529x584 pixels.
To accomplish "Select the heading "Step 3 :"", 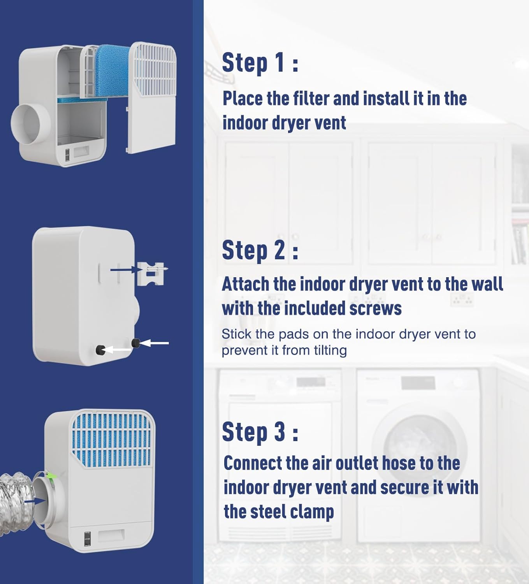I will click(x=260, y=432).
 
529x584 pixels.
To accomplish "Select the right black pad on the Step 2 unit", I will click(x=135, y=343).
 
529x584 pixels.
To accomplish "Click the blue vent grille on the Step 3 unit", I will click(x=112, y=438).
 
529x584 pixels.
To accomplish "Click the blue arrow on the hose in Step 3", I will click(x=35, y=501).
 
